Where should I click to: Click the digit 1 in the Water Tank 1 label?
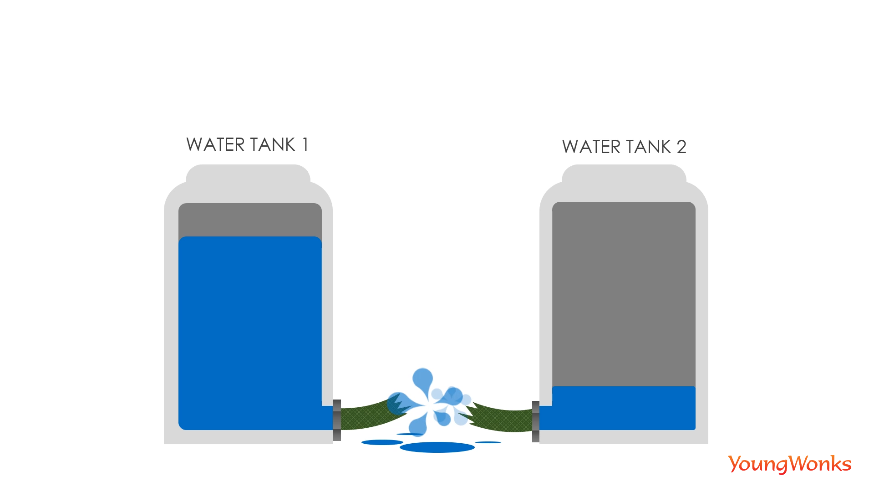[x=305, y=145]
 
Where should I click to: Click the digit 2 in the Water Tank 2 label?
[x=681, y=147]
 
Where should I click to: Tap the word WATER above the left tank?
[x=216, y=145]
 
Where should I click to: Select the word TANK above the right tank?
[x=648, y=147]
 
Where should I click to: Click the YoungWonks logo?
[x=789, y=464]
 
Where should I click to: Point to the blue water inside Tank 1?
[x=250, y=333]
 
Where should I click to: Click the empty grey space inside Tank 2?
[x=624, y=292]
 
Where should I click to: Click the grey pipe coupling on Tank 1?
[x=337, y=420]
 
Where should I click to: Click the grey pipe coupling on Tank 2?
[x=536, y=421]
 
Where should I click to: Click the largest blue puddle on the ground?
[x=437, y=447]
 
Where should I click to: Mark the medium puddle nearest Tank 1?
[x=382, y=442]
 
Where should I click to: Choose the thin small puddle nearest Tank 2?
[x=488, y=442]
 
